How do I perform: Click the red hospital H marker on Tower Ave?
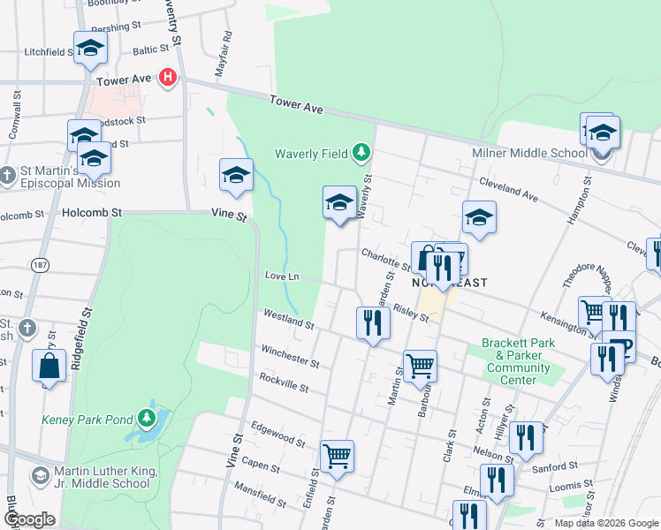(x=168, y=79)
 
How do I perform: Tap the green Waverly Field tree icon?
(x=361, y=154)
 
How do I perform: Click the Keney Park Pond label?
(x=87, y=419)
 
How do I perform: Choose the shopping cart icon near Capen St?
(x=337, y=457)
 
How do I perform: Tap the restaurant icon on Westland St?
(x=373, y=322)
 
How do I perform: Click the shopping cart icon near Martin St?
(x=420, y=365)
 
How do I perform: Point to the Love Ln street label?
(x=282, y=276)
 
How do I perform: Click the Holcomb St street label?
(x=91, y=213)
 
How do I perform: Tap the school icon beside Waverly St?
(x=339, y=203)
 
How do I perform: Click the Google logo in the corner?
(x=30, y=519)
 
